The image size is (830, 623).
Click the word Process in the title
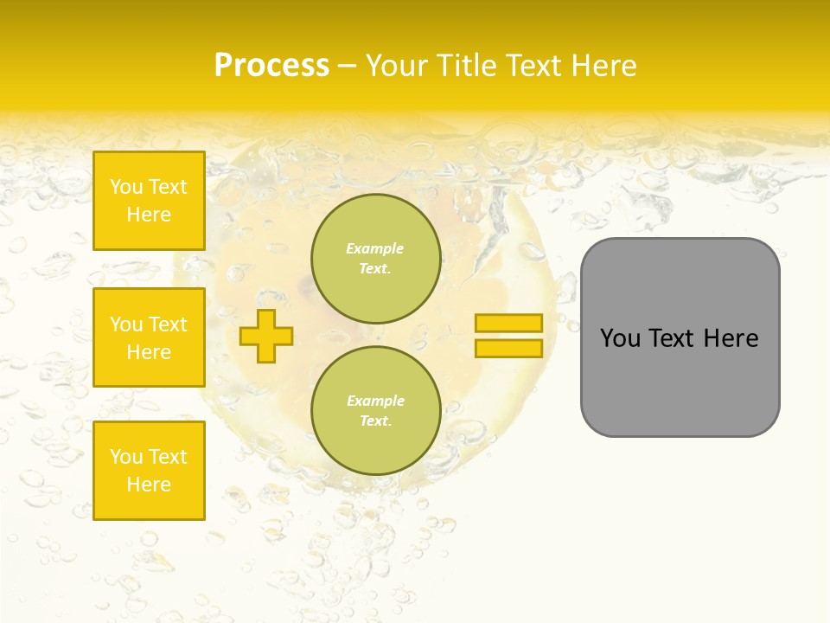coord(271,66)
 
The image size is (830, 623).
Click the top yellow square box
coord(149,201)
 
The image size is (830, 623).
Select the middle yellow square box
coord(149,337)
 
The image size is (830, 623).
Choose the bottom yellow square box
coord(149,471)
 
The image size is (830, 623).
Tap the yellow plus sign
coord(266,336)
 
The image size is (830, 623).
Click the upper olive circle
coord(375,259)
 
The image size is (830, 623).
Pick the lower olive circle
coord(375,411)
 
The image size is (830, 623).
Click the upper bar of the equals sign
coord(508,324)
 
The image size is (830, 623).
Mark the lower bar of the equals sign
coord(508,349)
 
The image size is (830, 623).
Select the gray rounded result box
coord(680,337)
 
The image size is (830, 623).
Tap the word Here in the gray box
coord(731,338)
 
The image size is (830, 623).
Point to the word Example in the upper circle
coord(374,248)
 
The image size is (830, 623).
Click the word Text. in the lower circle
coord(374,421)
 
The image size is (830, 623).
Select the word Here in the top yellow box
coord(149,215)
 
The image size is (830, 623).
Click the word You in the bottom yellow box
coord(126,457)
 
